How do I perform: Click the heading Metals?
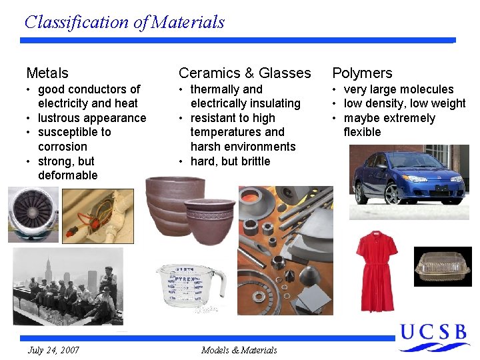pos(47,73)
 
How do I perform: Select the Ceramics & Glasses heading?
pos(245,73)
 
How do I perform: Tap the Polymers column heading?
pos(362,73)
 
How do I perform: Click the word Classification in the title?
pos(77,22)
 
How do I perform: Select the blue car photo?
pos(409,177)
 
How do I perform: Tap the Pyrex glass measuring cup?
pos(189,287)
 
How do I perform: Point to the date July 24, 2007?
pos(53,350)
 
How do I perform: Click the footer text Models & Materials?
pos(239,350)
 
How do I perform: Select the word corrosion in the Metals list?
pos(63,147)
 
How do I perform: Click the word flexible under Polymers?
pos(362,132)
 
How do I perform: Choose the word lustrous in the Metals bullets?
pos(60,118)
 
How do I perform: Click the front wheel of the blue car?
pos(392,193)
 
